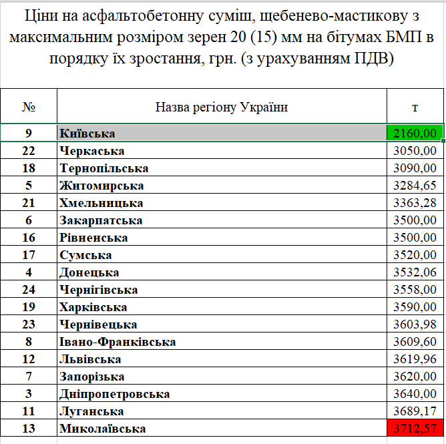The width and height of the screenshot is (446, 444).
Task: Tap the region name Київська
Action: click(87, 134)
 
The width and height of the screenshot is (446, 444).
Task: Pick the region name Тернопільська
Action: click(104, 168)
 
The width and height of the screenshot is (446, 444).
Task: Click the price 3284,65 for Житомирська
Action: click(415, 186)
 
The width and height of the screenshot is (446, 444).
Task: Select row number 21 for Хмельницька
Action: click(29, 203)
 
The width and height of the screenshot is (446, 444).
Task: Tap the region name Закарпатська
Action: click(101, 220)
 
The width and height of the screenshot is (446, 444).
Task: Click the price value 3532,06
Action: click(415, 272)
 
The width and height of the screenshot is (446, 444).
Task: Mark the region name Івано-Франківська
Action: click(118, 342)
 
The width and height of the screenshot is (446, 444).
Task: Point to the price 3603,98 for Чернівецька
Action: click(415, 324)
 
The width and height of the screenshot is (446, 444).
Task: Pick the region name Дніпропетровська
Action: click(115, 394)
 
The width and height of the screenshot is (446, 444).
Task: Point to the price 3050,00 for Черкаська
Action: click(415, 151)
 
